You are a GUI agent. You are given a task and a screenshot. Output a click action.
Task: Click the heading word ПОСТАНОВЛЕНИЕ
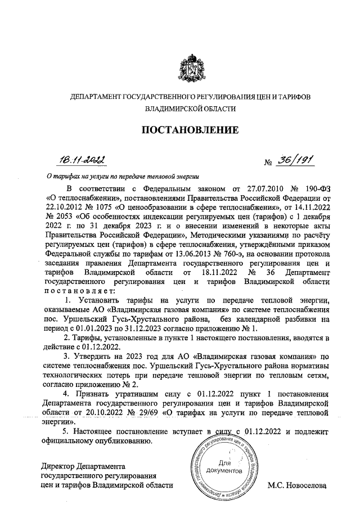[190, 130]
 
